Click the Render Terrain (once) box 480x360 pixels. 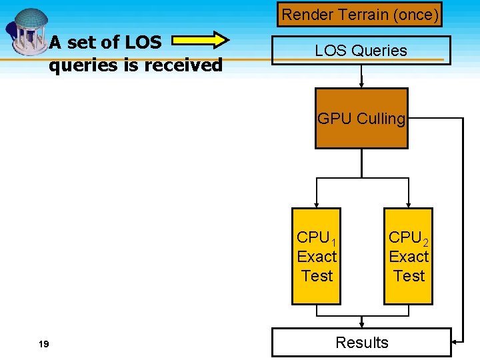pyautogui.click(x=360, y=14)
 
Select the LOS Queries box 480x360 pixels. pyautogui.click(x=361, y=51)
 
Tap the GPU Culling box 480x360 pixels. pyautogui.click(x=361, y=119)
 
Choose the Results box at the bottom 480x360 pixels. pyautogui.click(x=361, y=343)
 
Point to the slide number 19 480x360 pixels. pyautogui.click(x=44, y=344)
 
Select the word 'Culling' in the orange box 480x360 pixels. pyautogui.click(x=381, y=119)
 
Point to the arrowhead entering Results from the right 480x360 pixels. pyautogui.click(x=455, y=342)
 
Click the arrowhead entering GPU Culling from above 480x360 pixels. pyautogui.click(x=361, y=85)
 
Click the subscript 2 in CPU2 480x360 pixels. pyautogui.click(x=425, y=241)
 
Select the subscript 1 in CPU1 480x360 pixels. pyautogui.click(x=333, y=241)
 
